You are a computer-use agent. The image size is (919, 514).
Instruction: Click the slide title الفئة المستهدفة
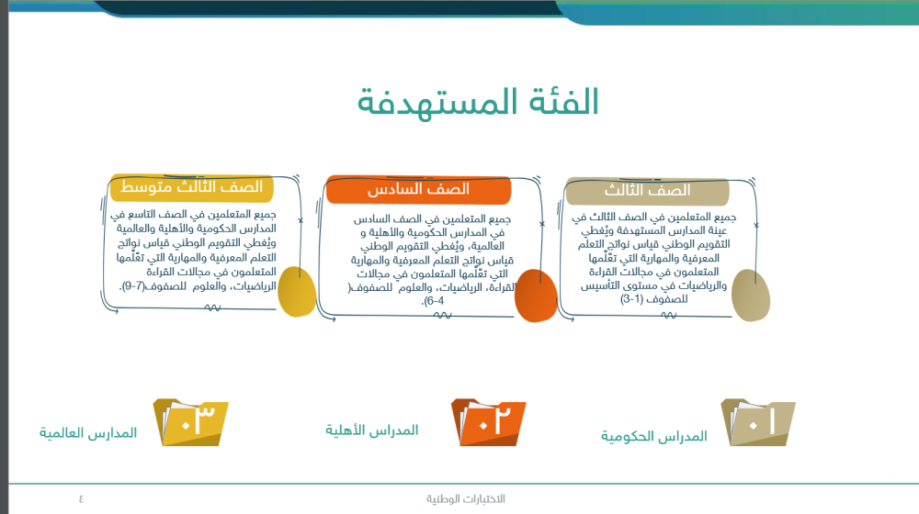click(x=478, y=101)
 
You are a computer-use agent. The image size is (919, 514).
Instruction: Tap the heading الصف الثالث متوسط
click(x=192, y=187)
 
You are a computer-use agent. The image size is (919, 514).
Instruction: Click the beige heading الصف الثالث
click(x=647, y=191)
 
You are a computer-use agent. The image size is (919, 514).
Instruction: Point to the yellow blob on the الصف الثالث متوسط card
click(x=295, y=292)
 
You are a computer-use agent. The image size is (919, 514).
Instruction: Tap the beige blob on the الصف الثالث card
click(x=752, y=296)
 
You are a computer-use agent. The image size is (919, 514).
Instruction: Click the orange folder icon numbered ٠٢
click(x=488, y=422)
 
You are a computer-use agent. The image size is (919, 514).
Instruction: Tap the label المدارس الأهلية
click(x=372, y=430)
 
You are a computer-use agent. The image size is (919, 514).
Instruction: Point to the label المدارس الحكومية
click(x=654, y=436)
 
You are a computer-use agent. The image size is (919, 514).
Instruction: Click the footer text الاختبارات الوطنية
click(x=465, y=498)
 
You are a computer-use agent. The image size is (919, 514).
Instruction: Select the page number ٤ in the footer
click(x=81, y=498)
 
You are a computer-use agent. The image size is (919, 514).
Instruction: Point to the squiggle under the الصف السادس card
click(x=440, y=317)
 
